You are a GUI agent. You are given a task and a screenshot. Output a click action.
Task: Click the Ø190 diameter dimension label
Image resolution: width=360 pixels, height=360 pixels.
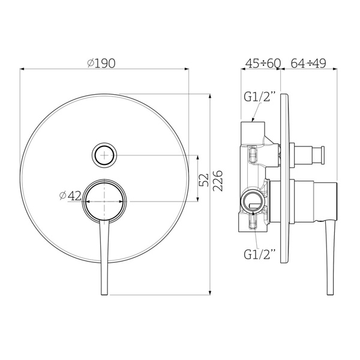pos(101,63)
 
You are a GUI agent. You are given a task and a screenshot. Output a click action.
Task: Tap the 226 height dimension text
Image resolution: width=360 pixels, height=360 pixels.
pos(218,181)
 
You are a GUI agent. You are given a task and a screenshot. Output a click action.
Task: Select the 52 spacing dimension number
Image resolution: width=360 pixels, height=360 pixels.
pos(203,180)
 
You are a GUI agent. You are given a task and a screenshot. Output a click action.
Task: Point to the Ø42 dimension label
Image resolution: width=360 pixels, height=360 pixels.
pos(70,196)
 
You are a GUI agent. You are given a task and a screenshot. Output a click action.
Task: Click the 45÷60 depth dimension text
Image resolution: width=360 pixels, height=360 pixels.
pos(263,63)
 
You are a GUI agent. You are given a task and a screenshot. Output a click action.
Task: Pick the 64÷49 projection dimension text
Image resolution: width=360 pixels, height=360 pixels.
pos(308,63)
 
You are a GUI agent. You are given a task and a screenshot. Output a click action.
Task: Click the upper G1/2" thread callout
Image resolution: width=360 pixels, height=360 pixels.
pos(260,97)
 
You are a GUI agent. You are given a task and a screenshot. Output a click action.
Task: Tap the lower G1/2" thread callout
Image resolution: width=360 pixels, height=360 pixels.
pos(260,254)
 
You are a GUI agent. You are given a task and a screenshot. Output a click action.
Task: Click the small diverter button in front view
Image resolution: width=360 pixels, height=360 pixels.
pos(104,155)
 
